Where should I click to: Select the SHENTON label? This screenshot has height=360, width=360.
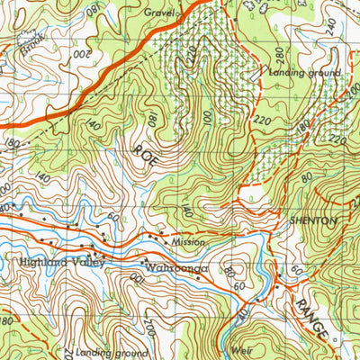pyautogui.click(x=312, y=220)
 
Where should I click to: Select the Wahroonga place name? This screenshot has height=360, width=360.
pyautogui.click(x=175, y=267)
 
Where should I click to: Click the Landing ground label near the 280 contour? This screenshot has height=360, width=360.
pyautogui.click(x=304, y=71)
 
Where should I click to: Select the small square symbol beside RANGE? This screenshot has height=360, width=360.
pyautogui.click(x=333, y=339)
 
